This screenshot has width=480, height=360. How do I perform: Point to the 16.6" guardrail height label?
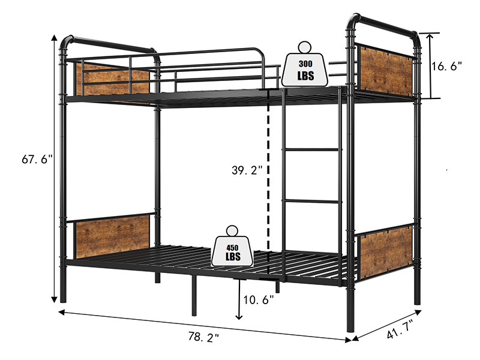tap(448, 67)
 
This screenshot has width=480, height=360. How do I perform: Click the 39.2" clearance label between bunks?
tap(247, 170)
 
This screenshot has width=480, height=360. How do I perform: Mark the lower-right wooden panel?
tap(386, 251)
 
